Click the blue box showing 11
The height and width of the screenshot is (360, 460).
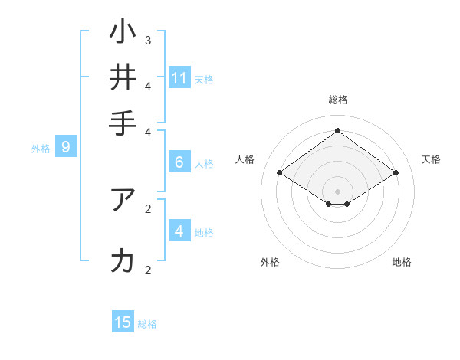point(179,78)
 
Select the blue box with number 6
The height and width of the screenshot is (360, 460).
point(179,162)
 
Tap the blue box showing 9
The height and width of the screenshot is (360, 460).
point(66,147)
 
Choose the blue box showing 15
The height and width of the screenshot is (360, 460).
point(123,322)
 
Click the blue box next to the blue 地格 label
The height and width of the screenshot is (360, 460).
point(179,231)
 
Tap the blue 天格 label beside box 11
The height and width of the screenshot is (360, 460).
point(204,79)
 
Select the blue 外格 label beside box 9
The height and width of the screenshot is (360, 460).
point(41,148)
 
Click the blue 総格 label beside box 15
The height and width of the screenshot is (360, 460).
point(147,324)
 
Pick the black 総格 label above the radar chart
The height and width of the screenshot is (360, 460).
point(337,100)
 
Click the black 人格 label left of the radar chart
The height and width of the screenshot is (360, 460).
point(245,159)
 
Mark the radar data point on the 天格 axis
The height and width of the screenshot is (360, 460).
point(396,173)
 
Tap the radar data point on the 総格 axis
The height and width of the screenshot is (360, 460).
point(337,130)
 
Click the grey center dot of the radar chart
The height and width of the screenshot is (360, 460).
point(337,191)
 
